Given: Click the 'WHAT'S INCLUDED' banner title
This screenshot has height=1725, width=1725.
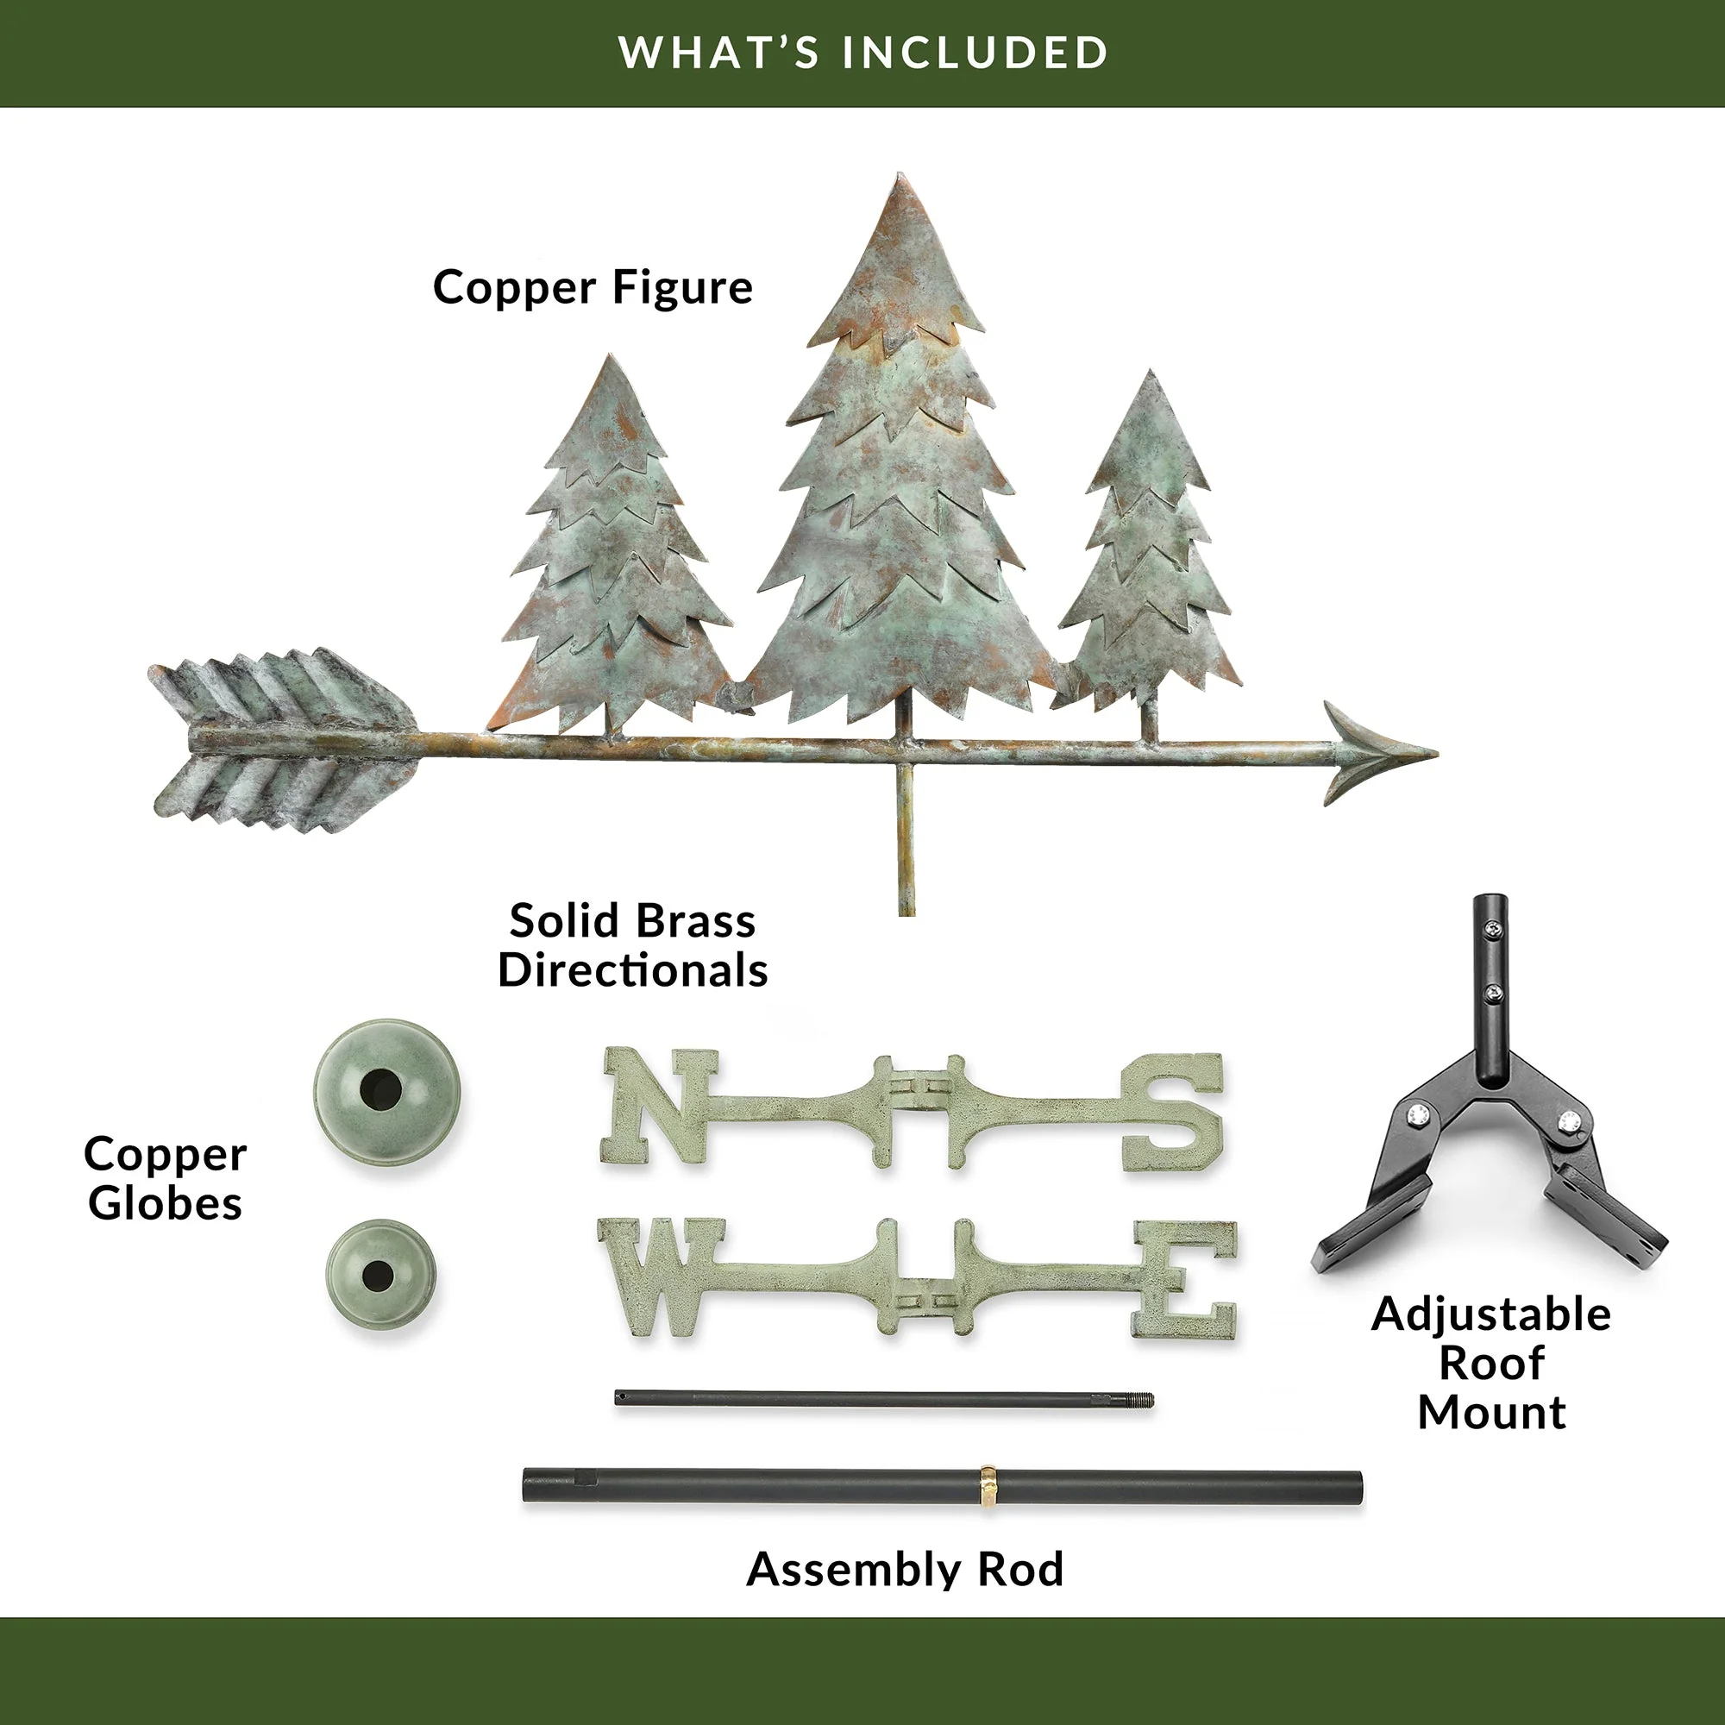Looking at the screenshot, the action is coord(862,53).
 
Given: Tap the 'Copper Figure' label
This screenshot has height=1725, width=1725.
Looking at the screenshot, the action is coord(593,287).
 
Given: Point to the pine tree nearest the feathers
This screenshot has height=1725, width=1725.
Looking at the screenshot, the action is coord(616,544).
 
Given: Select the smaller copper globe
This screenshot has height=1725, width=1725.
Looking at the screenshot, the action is coord(381,1274).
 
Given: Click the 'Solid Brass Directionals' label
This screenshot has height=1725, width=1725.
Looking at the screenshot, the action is coord(632,945).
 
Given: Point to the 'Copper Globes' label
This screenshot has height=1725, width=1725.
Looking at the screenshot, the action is coord(166,1177).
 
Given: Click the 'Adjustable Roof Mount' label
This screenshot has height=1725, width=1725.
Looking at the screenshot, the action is coord(1491,1363).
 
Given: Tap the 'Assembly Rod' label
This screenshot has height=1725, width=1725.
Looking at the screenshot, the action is coord(905,1569).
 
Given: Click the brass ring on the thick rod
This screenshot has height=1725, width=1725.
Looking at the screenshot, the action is coord(988,1487).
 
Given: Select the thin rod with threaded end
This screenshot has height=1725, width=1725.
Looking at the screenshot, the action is coord(884,1399).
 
